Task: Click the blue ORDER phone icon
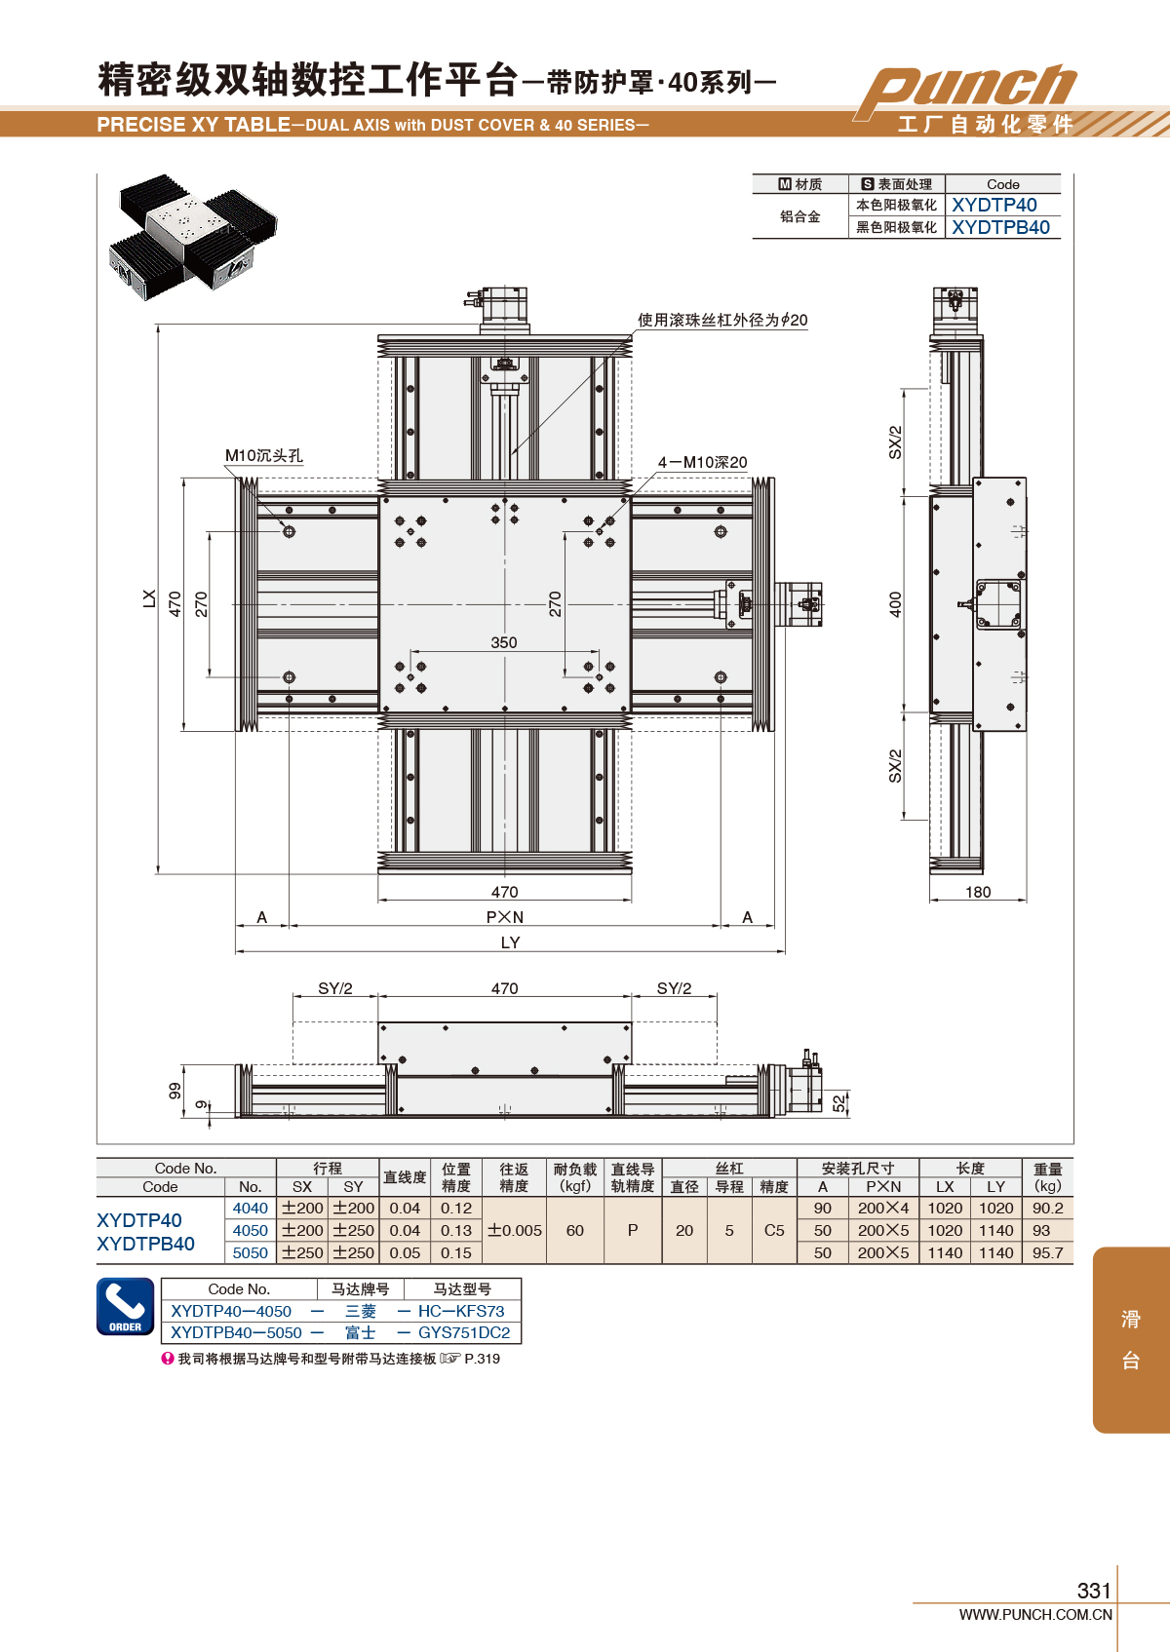[x=125, y=1306]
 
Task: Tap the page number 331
[x=1093, y=1591]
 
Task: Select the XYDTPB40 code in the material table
[x=1000, y=227]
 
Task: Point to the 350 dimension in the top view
[x=504, y=642]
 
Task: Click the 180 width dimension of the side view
[x=978, y=892]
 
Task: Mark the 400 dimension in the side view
[x=896, y=604]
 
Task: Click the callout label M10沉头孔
[x=264, y=456]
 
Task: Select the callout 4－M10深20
[x=702, y=462]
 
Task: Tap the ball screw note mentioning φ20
[x=722, y=320]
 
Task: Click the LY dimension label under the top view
[x=510, y=942]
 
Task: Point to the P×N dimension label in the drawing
[x=505, y=917]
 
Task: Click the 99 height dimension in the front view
[x=175, y=1091]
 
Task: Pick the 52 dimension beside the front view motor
[x=838, y=1103]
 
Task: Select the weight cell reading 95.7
[x=1047, y=1252]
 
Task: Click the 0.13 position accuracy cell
[x=456, y=1230]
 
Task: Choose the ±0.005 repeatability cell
[x=514, y=1230]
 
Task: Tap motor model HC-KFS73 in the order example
[x=461, y=1311]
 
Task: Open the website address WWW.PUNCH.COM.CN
[x=1035, y=1614]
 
